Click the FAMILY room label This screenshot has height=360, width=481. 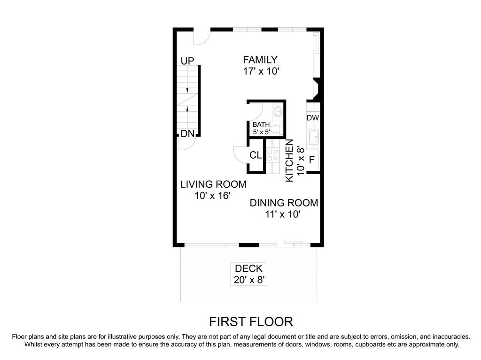[260, 60]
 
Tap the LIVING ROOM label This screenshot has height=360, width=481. [213, 184]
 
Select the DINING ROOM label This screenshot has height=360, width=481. [284, 203]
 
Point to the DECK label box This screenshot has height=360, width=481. [248, 274]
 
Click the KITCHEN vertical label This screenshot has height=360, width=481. [289, 161]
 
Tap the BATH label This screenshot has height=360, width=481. [261, 124]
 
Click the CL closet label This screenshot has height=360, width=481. [256, 155]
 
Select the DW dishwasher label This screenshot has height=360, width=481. [313, 118]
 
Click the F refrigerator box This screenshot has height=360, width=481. [312, 160]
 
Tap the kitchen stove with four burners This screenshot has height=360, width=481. [272, 155]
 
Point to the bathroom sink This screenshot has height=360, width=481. [278, 110]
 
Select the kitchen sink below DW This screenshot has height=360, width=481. [313, 137]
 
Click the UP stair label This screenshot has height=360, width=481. [187, 61]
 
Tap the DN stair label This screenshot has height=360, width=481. [187, 134]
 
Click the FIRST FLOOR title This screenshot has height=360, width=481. [251, 322]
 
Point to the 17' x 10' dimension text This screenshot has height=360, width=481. [261, 71]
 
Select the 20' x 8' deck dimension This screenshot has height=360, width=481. [249, 280]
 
